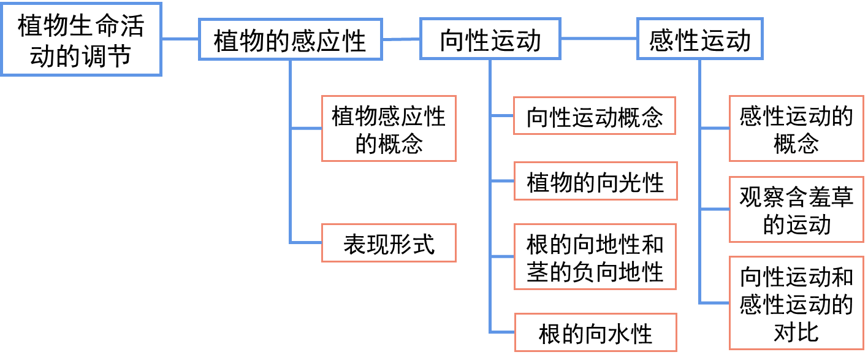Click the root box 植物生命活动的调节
pos(80,39)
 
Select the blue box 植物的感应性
pos(290,40)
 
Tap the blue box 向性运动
pos(490,39)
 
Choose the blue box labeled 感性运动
pos(699,39)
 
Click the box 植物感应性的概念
pos(389,128)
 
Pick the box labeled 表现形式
pos(389,243)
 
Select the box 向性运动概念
pos(595,115)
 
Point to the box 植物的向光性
pos(595,182)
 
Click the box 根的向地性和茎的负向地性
pos(595,257)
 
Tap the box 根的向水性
pos(595,333)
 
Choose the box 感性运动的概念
pos(796,128)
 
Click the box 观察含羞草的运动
pos(796,209)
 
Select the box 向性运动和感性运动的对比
pos(796,304)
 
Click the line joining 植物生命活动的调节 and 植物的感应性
pos(180,39)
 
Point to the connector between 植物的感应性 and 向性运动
pos(402,39)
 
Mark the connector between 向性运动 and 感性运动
pos(598,39)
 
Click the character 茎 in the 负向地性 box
pos(538,271)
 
